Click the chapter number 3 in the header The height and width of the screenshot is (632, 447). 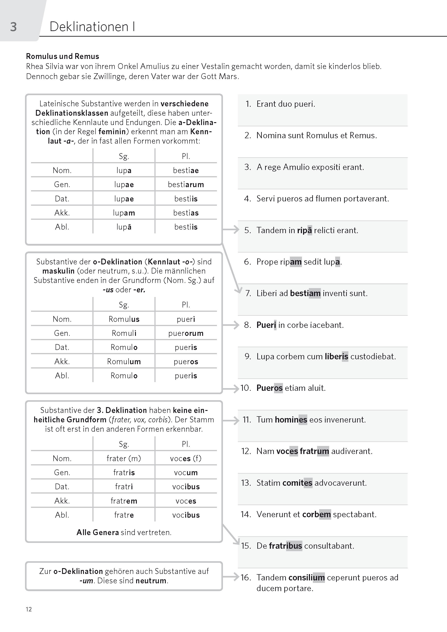click(x=13, y=27)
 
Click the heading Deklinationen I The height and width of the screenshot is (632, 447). click(x=92, y=27)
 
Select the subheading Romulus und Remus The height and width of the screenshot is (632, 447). click(x=62, y=57)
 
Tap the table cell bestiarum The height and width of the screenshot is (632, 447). click(x=186, y=184)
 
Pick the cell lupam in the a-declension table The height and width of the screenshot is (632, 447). click(x=124, y=213)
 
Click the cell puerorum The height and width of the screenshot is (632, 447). click(x=186, y=333)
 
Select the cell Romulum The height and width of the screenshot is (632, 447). click(x=124, y=362)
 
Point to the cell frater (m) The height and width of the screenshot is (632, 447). click(x=124, y=458)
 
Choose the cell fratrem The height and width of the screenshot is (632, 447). click(x=124, y=501)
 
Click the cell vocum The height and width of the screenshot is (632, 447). click(x=186, y=473)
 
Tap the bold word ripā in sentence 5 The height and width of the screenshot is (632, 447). click(x=304, y=230)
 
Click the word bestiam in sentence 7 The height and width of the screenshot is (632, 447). click(x=305, y=293)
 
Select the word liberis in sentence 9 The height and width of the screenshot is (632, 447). click(x=336, y=356)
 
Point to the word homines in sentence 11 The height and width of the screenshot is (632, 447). click(x=291, y=420)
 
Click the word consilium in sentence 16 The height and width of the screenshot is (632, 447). click(x=307, y=578)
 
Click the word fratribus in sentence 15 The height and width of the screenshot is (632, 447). click(x=285, y=546)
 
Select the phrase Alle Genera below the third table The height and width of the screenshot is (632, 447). click(x=98, y=533)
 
